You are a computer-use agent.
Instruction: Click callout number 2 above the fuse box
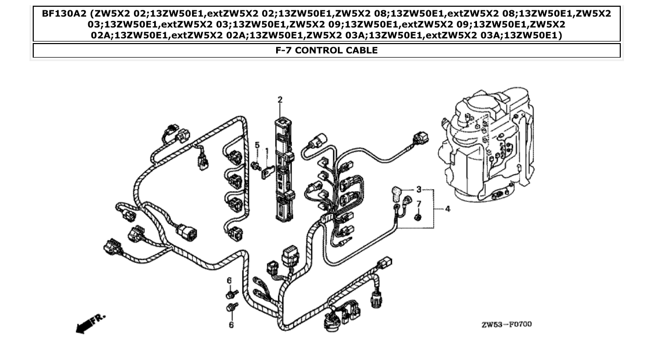pos(280,100)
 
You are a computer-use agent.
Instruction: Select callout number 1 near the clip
pos(266,151)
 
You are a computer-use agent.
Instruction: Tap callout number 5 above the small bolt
pos(257,145)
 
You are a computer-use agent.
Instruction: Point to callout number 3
pos(418,189)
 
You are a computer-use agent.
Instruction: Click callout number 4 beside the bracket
pos(447,209)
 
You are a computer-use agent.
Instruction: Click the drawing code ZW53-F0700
pos(506,325)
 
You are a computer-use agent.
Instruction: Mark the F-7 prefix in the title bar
pos(285,50)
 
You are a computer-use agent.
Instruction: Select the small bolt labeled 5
pos(255,165)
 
